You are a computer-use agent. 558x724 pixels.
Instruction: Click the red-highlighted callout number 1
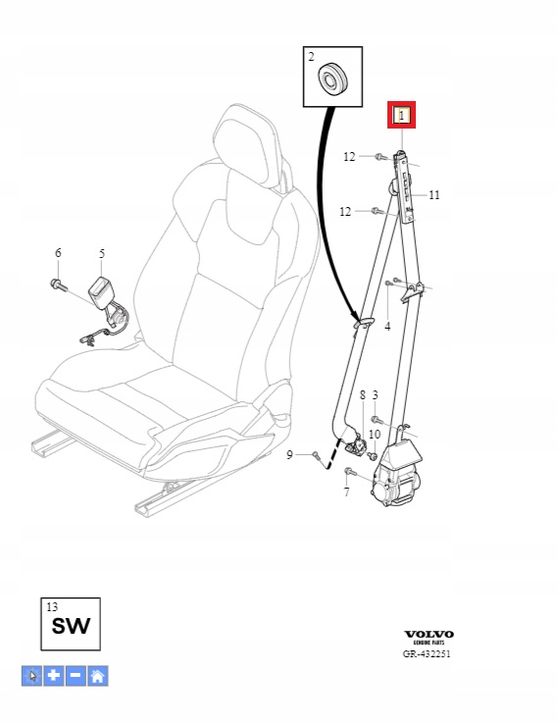pos(401,115)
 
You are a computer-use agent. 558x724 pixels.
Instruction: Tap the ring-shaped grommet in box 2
pos(333,79)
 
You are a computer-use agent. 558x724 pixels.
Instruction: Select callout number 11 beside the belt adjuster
pos(434,195)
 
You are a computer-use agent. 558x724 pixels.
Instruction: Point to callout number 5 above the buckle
pos(102,253)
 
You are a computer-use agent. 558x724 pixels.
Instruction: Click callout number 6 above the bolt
pos(58,252)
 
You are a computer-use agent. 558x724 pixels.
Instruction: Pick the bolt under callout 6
pos(58,284)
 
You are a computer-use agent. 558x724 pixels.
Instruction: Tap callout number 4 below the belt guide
pos(387,327)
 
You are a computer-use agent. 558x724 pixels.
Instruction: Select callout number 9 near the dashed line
pos(289,455)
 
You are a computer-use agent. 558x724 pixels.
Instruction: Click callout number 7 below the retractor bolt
pos(346,491)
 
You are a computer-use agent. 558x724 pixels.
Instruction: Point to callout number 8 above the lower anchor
pos(363,394)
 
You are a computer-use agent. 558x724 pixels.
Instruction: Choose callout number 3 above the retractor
pos(376,394)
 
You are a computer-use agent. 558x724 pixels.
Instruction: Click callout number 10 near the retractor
pos(375,434)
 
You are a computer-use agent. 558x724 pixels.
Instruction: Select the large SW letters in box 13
pos(71,626)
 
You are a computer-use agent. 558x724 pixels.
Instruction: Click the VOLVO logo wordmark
pos(429,635)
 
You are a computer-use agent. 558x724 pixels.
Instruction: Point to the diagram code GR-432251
pos(427,653)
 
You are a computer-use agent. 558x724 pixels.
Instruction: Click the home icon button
pos(98,676)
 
